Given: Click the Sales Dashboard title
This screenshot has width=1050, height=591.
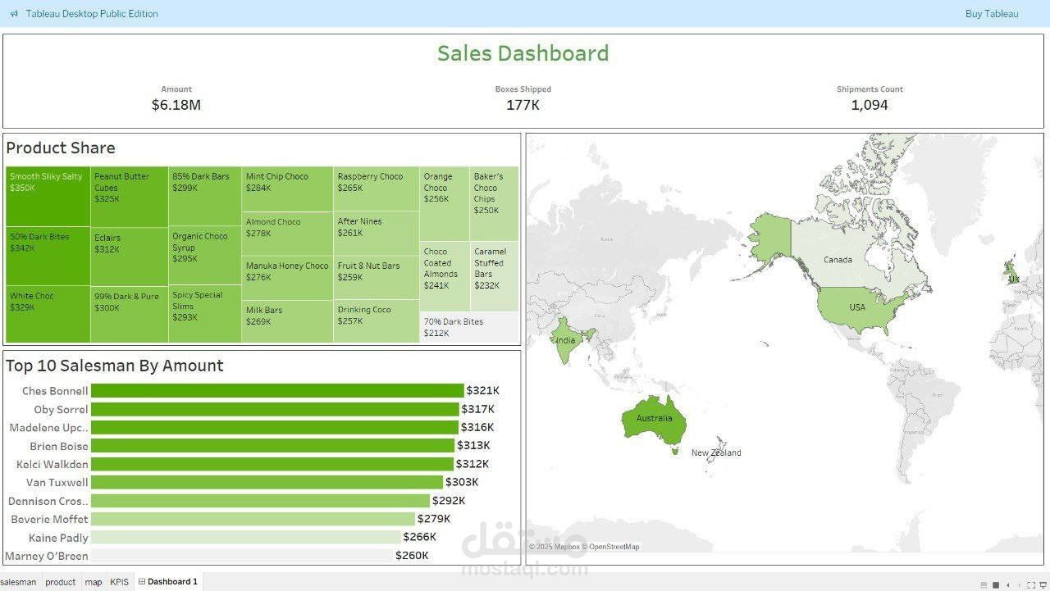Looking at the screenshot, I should [523, 53].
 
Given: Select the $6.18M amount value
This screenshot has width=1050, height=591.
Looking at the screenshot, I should [176, 105].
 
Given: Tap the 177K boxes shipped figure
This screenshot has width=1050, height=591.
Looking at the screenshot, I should [523, 105].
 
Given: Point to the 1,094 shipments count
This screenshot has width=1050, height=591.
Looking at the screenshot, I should [870, 105].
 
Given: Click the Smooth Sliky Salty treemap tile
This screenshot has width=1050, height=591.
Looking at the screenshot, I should [47, 197].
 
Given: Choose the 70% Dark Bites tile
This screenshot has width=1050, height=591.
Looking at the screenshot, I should [468, 327].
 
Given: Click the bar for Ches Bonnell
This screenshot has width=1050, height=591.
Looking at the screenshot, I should [277, 391].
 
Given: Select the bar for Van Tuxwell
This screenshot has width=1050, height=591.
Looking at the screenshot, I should [267, 482].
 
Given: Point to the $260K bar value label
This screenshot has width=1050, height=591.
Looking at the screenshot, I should [412, 556].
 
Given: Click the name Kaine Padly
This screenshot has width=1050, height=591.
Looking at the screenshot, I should [58, 538].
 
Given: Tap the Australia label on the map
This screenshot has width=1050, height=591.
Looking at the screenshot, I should [654, 418].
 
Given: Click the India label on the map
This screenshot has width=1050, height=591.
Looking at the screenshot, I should [565, 340].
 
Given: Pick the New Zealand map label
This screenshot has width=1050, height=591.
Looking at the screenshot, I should [715, 452].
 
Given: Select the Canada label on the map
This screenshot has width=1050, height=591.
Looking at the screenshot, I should [838, 260].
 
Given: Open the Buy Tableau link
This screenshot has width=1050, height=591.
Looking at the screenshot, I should [992, 14].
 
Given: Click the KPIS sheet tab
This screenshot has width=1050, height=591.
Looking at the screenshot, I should [120, 582].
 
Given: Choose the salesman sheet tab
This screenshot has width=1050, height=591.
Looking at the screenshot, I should [18, 582].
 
